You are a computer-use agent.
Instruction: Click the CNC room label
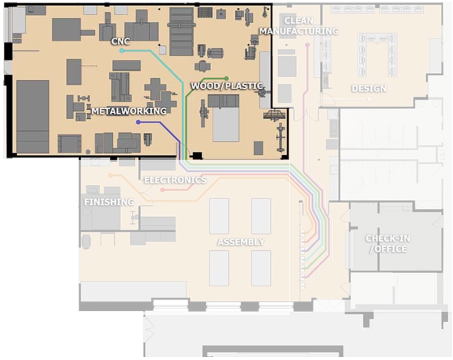point(121,41)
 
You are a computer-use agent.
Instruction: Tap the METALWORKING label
point(129,111)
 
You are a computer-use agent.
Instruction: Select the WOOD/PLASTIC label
point(226,86)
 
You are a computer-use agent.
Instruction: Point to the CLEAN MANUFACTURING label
point(299,26)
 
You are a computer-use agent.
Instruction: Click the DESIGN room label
point(369,88)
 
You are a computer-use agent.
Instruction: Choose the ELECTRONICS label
point(175,180)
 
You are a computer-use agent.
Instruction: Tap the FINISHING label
point(108,202)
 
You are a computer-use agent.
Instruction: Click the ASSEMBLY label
point(241,242)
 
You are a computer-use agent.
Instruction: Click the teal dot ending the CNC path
point(122,51)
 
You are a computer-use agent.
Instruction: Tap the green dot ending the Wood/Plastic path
point(226,78)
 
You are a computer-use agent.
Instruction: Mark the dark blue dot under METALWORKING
point(138,122)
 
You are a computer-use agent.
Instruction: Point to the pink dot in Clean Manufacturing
point(307,45)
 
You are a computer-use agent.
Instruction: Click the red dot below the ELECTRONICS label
point(162,190)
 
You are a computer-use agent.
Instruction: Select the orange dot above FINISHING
point(111,175)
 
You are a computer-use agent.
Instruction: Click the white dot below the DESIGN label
point(369,99)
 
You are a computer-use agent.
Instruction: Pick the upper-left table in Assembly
point(219,216)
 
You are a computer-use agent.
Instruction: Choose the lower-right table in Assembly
point(261,268)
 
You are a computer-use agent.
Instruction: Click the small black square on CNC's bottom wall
point(197,155)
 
